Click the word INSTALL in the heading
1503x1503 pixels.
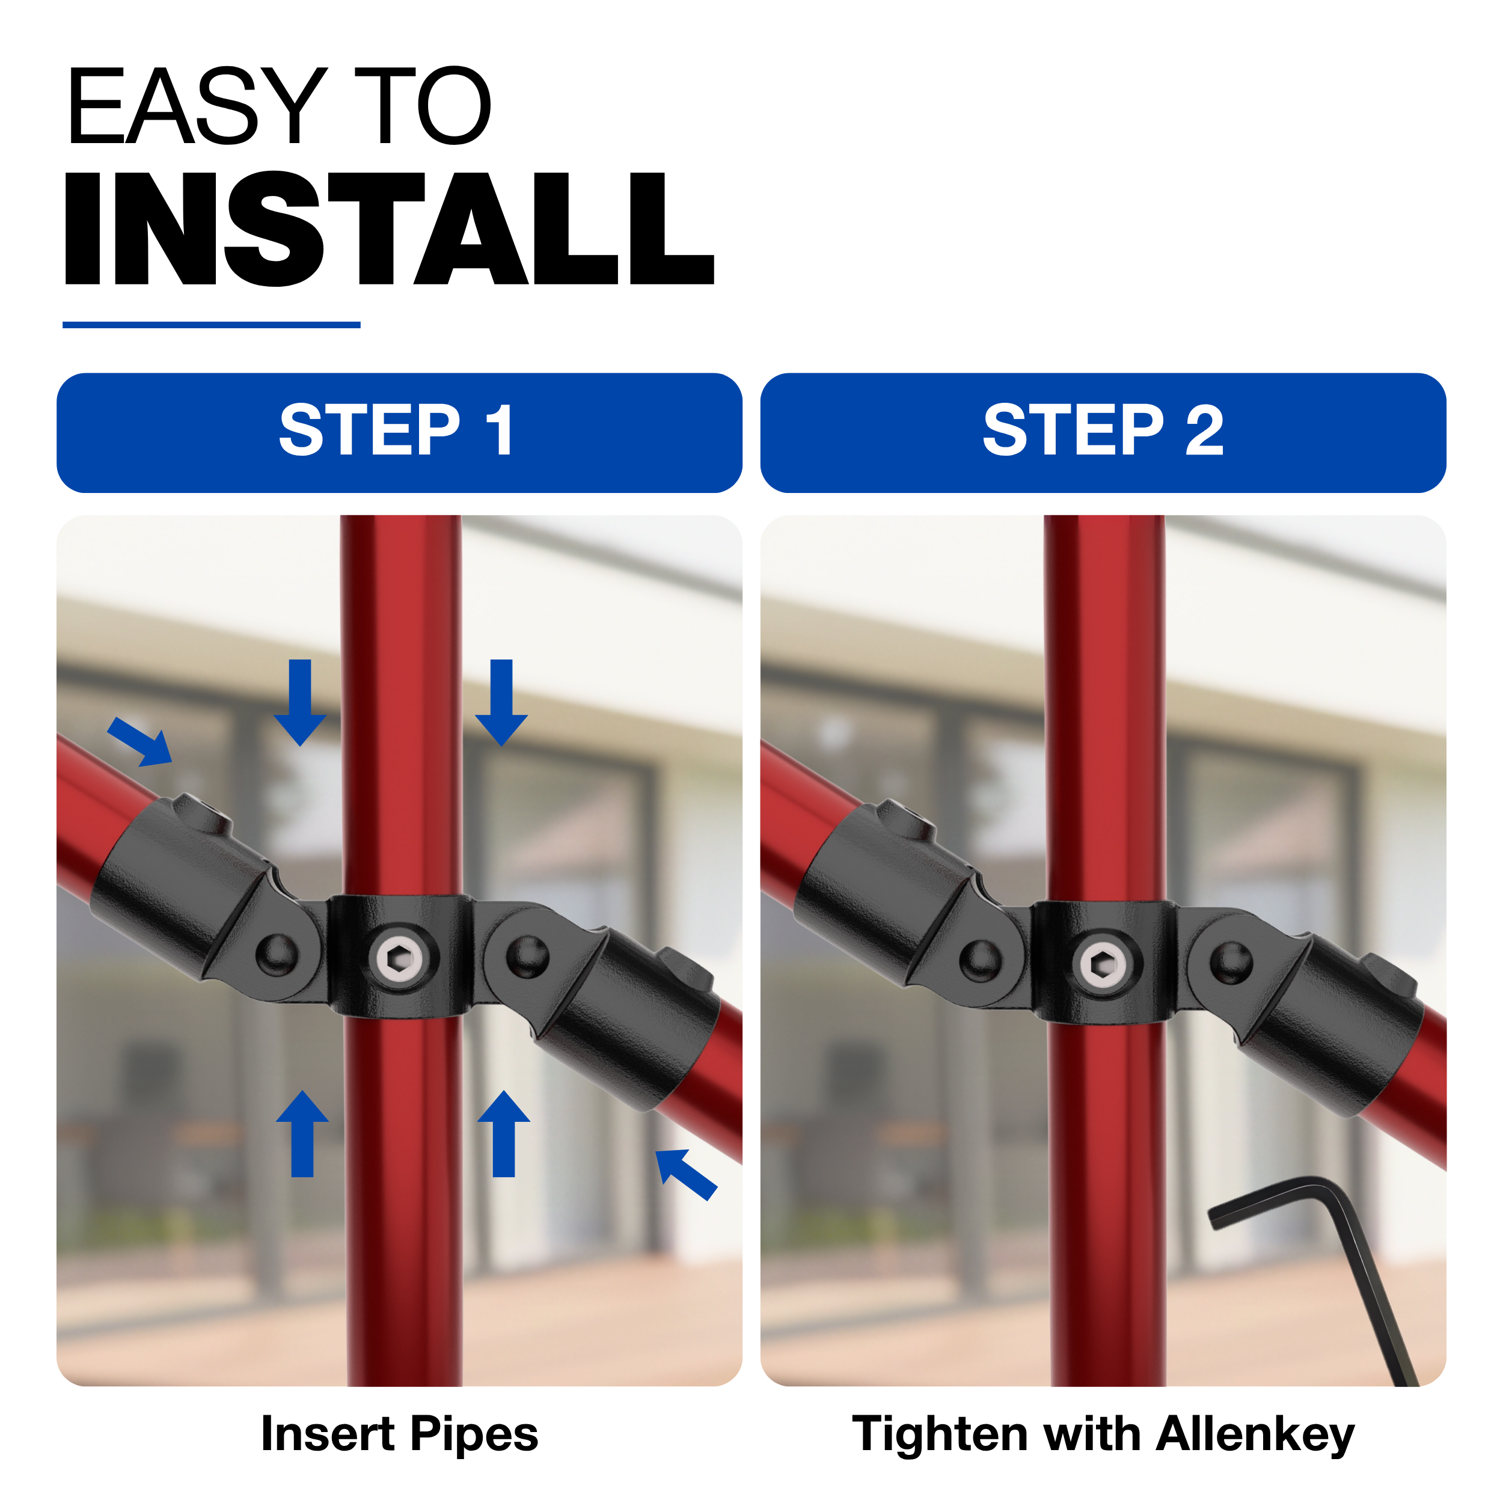[389, 228]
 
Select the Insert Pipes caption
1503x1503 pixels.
[399, 1434]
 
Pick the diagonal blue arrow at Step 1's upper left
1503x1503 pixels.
[140, 742]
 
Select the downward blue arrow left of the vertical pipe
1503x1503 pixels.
[300, 702]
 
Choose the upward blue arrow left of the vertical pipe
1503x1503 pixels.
[302, 1133]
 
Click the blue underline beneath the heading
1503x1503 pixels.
[212, 325]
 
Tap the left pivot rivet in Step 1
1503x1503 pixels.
[277, 955]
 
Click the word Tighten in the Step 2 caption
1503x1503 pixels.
[940, 1434]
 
